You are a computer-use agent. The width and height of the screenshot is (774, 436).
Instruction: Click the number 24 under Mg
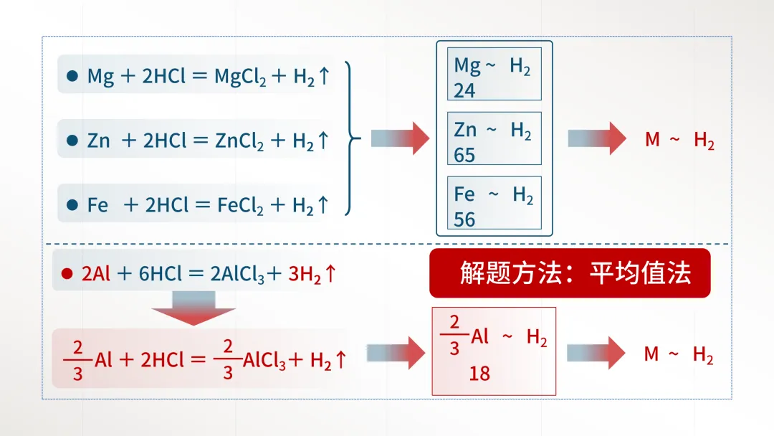tap(464, 90)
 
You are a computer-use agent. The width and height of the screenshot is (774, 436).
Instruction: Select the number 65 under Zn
tap(464, 155)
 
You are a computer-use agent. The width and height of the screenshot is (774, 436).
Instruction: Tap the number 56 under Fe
tap(464, 219)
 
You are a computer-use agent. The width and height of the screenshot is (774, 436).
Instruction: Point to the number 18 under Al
tap(479, 373)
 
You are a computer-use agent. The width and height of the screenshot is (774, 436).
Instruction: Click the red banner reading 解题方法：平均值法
tap(570, 273)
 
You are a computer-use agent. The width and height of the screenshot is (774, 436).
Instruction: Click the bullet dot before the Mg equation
tap(72, 76)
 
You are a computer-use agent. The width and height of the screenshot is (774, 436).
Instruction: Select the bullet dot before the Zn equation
tap(72, 141)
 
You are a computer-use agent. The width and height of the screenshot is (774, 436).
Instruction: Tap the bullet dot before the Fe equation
tap(72, 205)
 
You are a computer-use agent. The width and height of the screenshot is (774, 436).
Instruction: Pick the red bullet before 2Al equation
tap(67, 273)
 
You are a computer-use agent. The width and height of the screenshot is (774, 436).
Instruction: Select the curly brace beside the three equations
tap(350, 138)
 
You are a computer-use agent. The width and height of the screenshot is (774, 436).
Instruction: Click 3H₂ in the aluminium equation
tap(305, 274)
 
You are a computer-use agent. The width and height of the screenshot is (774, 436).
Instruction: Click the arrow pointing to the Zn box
tap(400, 138)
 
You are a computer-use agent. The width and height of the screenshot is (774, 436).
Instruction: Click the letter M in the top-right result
tap(652, 140)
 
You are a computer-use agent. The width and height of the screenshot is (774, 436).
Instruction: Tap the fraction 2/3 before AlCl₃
tap(228, 359)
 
